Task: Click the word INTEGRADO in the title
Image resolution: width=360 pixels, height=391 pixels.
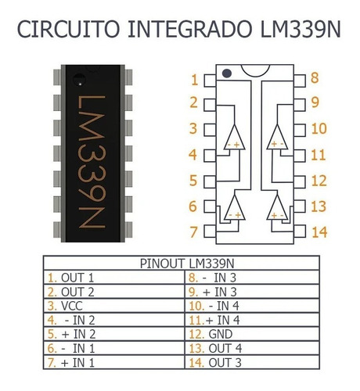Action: tap(190, 29)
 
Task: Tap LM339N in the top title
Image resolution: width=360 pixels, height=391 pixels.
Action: tap(301, 29)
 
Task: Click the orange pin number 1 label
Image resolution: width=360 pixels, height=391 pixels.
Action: tap(194, 80)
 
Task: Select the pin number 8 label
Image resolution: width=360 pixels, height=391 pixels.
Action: tap(315, 77)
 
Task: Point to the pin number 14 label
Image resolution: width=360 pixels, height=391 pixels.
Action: tap(319, 232)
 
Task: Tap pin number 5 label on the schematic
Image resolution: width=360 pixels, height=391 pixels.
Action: tap(193, 181)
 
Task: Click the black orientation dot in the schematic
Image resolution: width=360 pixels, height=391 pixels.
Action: tap(227, 74)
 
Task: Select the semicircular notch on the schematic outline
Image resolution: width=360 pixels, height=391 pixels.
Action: tap(255, 70)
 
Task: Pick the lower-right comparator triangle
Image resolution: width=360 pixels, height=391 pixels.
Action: tap(277, 207)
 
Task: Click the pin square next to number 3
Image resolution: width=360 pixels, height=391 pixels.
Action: tap(210, 130)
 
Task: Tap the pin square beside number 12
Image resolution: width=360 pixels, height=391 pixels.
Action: tap(300, 181)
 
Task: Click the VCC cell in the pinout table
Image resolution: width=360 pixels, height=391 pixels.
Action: tap(72, 306)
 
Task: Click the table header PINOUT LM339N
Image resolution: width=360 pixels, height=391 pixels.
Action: tap(187, 264)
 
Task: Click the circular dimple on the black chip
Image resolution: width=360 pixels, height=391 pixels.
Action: tap(79, 79)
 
